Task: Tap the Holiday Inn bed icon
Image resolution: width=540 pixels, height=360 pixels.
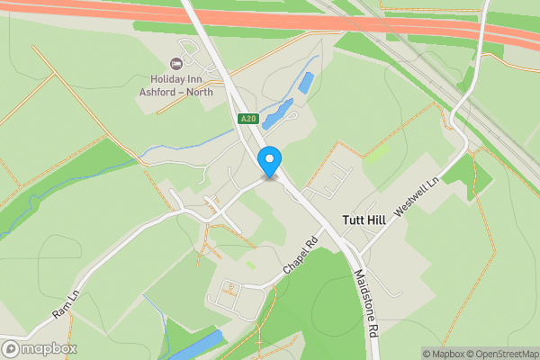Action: [175, 63]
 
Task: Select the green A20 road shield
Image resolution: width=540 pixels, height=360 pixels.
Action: [248, 119]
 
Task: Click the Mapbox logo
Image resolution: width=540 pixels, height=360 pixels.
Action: [39, 348]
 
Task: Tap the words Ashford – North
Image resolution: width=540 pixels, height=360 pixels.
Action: [175, 91]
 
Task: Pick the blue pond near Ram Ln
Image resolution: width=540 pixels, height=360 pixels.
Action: [196, 345]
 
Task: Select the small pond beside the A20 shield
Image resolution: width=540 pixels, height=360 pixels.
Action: [276, 114]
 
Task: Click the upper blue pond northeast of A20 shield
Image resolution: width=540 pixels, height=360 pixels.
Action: [306, 84]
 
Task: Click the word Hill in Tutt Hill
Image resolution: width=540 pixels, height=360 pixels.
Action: [379, 220]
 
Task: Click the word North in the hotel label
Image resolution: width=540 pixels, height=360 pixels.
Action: [195, 91]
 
